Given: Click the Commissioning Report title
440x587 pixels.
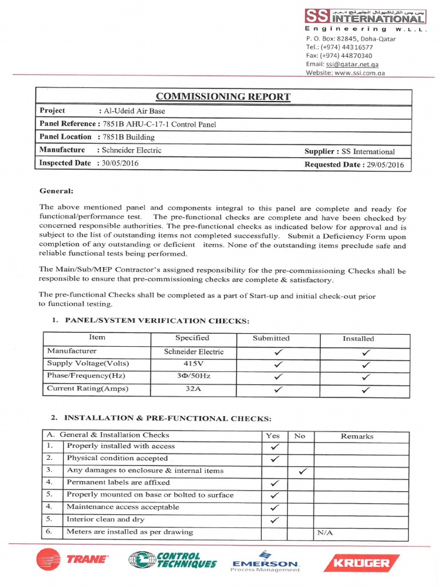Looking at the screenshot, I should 224,96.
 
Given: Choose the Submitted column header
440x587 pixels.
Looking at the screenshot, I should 271,339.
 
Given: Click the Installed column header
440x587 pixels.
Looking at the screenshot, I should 358,339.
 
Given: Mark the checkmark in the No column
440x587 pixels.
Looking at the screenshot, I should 302,471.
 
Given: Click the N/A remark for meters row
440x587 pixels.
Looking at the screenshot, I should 325,533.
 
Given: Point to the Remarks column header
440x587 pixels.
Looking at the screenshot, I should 357,436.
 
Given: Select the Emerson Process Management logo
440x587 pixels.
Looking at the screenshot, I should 265,561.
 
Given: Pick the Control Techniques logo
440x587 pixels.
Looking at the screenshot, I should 172,560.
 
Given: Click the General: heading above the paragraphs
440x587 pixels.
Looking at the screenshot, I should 56,191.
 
